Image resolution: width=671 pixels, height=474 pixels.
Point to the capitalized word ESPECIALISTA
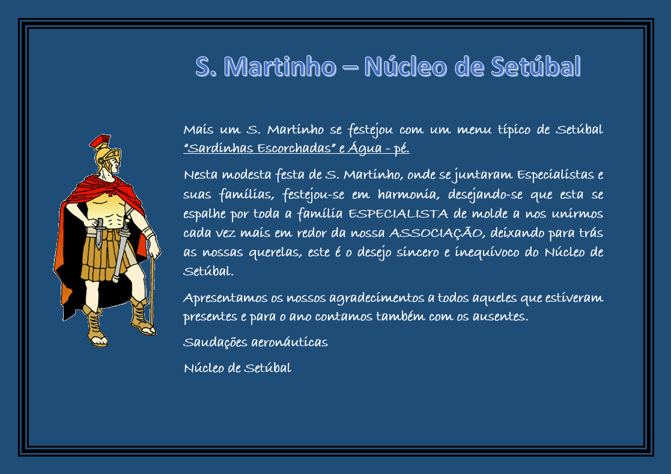pyautogui.click(x=398, y=213)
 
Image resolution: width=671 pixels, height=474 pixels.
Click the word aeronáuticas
pyautogui.click(x=290, y=342)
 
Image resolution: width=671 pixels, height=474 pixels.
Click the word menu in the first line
pyautogui.click(x=474, y=130)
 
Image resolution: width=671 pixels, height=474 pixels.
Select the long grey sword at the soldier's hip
pyautogui.click(x=121, y=251)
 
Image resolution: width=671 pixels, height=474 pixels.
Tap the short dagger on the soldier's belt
pyautogui.click(x=99, y=233)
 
